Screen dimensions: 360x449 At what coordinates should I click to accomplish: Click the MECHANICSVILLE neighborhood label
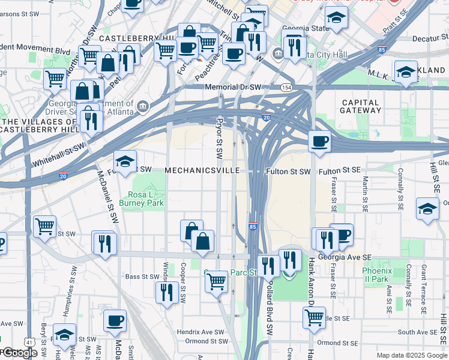(x=202, y=171)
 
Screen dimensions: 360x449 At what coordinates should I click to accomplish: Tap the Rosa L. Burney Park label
(x=146, y=199)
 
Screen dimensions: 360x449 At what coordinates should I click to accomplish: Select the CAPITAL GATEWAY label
(x=361, y=106)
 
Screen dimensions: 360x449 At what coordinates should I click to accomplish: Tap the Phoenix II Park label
(x=376, y=275)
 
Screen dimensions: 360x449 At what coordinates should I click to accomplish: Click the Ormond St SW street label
(x=208, y=341)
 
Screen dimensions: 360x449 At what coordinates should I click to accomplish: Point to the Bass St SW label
(x=140, y=277)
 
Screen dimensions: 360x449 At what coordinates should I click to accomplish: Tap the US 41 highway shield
(x=29, y=342)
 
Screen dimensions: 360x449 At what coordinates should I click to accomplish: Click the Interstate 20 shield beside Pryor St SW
(x=266, y=118)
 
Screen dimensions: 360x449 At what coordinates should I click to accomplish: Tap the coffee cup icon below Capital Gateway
(x=320, y=142)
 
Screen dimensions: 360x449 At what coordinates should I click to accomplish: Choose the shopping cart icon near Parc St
(x=216, y=280)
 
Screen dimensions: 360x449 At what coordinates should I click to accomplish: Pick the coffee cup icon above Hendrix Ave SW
(x=115, y=320)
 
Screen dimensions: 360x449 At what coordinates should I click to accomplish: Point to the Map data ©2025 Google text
(x=411, y=355)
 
